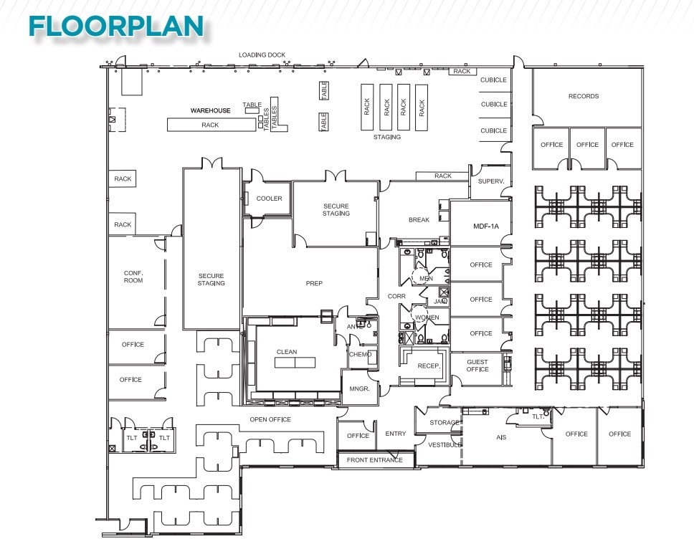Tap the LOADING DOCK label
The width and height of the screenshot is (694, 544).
[262, 55]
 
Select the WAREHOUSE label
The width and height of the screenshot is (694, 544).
[210, 110]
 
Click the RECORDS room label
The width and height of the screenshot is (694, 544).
[583, 96]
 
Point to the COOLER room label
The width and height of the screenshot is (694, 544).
[269, 199]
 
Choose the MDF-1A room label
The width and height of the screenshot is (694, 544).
[485, 226]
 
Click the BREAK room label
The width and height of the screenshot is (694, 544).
[419, 220]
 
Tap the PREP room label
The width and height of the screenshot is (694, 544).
[314, 283]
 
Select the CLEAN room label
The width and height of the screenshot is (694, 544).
[287, 352]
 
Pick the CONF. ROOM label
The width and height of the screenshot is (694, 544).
[133, 276]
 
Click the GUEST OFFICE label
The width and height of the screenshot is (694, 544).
[477, 366]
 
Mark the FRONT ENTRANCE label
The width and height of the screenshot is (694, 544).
[375, 460]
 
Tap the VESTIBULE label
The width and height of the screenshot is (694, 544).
[445, 444]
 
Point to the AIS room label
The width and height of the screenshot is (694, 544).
[501, 436]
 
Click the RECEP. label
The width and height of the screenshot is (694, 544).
[429, 366]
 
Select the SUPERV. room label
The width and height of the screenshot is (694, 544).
[491, 182]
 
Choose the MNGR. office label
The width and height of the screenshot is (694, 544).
[358, 389]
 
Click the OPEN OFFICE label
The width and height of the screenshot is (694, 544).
[270, 419]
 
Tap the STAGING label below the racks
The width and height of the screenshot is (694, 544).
[386, 137]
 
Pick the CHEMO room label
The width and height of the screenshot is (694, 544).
[360, 354]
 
